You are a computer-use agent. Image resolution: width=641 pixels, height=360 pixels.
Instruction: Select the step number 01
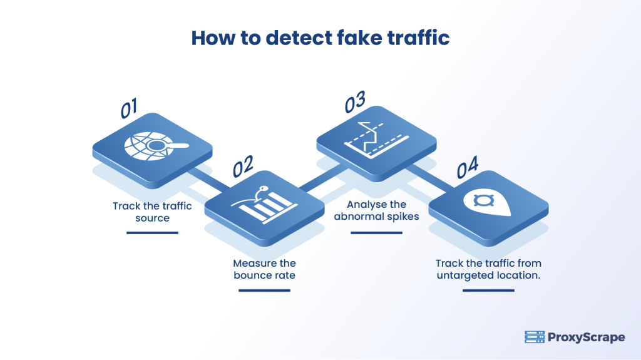point(130,108)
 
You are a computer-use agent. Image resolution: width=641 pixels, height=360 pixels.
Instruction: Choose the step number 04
point(468,166)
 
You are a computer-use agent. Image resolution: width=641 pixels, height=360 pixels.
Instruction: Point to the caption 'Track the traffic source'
point(152,212)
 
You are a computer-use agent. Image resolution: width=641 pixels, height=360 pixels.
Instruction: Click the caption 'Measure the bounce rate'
point(264,269)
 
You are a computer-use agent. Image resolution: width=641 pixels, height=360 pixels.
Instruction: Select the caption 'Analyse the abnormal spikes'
point(376,211)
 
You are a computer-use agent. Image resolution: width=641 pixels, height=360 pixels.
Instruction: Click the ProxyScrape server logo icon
point(534,337)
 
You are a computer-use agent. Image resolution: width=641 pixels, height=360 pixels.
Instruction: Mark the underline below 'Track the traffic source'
point(152,232)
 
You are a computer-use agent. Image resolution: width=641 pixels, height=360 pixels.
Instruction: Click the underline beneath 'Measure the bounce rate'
point(264,290)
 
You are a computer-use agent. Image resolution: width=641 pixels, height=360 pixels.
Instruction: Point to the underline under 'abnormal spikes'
point(376,232)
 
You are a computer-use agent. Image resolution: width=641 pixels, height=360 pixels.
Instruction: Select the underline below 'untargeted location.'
point(488,290)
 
